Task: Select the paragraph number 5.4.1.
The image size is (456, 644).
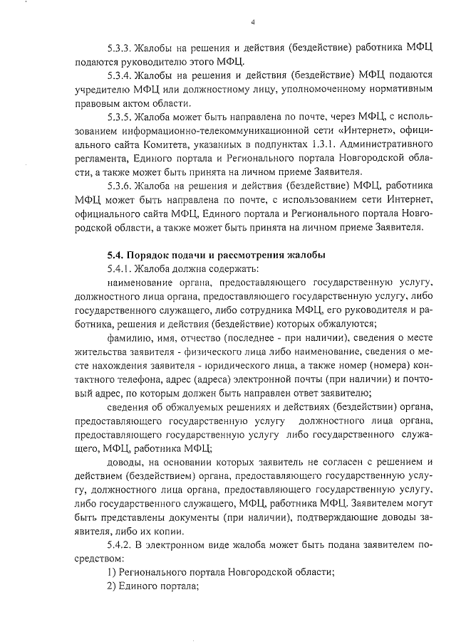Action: pos(120,269)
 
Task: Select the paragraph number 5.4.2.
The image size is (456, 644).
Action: pos(120,544)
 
